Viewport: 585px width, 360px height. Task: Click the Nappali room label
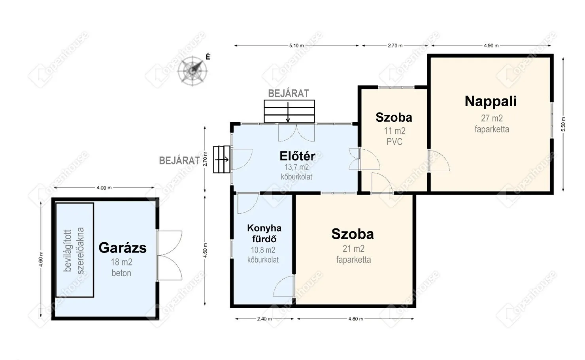[x=491, y=101]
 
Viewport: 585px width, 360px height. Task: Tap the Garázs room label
[x=123, y=247]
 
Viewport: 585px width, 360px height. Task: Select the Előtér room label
[x=298, y=156]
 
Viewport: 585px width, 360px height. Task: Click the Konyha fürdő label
[x=264, y=234]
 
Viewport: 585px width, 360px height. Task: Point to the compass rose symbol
[x=192, y=71]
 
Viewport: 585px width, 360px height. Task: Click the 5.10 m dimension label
[x=296, y=45]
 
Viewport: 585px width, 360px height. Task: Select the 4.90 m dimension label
[x=491, y=45]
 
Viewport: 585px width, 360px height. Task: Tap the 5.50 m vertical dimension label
[x=563, y=124]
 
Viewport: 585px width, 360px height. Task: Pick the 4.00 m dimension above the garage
[x=104, y=188]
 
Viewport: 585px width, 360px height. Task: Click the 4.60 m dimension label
[x=41, y=260]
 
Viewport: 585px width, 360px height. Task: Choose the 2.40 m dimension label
[x=264, y=319]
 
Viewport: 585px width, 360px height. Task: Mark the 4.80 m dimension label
[x=356, y=319]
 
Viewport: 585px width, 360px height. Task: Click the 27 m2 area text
[x=492, y=118]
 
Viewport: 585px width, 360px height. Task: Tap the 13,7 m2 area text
[x=296, y=167]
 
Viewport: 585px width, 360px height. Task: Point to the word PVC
[x=394, y=142]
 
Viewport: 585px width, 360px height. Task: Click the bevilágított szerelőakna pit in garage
[x=75, y=250]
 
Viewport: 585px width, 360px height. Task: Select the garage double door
[x=169, y=255]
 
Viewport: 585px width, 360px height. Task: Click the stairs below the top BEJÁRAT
[x=289, y=111]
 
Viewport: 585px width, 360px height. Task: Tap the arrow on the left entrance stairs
[x=222, y=159]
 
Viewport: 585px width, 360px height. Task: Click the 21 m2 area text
[x=353, y=249]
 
